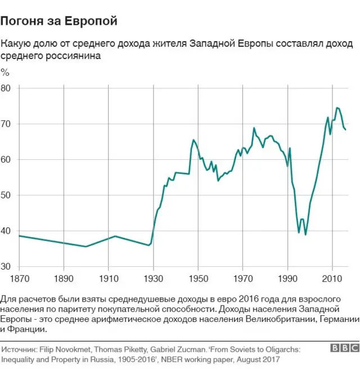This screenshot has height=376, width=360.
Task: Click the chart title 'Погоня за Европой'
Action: pos(59,21)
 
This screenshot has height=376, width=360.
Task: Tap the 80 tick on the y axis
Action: pos(6,88)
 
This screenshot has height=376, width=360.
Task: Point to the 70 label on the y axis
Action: pos(6,124)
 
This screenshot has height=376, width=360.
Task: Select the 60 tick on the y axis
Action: pos(6,160)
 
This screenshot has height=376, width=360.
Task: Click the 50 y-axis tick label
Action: pos(6,195)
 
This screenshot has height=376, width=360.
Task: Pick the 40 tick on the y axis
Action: pos(6,231)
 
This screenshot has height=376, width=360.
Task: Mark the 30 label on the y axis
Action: pos(6,267)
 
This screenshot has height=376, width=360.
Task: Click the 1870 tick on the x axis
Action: pos(20,279)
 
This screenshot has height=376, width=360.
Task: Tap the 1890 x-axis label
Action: pos(63,279)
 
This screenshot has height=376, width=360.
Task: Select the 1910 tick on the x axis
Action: pos(108,279)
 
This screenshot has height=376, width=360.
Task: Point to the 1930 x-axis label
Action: pos(152,279)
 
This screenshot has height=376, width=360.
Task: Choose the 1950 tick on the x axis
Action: pos(197,279)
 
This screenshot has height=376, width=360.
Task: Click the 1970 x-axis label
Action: pos(242,279)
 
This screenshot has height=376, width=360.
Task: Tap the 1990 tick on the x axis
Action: pos(287,279)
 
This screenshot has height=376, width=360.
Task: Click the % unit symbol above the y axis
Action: pos(5,72)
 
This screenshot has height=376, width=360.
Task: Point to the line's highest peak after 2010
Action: pos(337,108)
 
